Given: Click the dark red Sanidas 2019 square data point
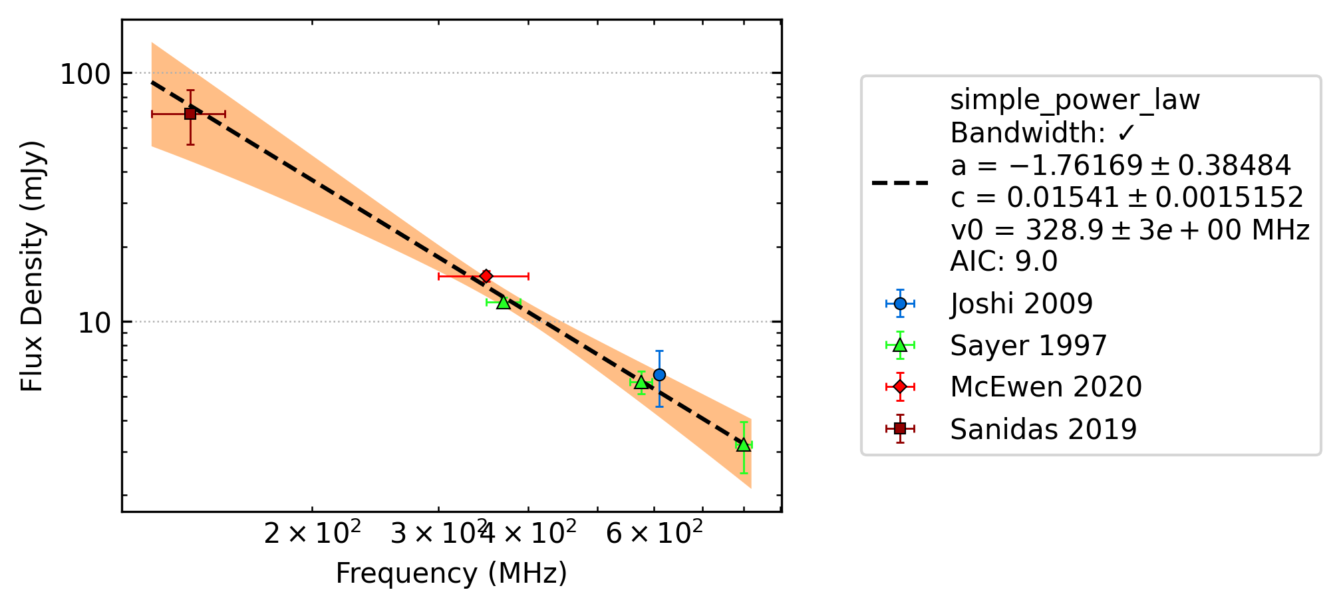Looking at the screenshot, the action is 190,114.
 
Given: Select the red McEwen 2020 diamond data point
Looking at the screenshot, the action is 486,276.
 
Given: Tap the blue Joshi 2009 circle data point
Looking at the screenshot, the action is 659,375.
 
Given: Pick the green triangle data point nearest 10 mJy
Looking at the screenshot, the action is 504,302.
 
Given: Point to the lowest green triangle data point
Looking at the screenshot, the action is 744,444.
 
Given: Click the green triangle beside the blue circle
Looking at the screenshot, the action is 641,382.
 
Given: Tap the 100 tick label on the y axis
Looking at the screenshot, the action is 84,74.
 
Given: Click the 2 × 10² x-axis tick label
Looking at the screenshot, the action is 313,532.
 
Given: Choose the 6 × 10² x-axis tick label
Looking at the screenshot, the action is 654,532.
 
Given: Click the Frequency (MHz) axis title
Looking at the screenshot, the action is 451,573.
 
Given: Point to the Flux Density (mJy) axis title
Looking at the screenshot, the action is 32,266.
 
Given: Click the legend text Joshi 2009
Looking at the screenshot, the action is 1021,304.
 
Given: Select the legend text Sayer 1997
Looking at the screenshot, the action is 1028,346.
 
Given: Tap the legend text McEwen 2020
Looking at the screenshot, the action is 1046,387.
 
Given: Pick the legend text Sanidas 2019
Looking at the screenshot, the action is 1043,430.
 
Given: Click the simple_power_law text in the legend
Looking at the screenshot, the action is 1075,100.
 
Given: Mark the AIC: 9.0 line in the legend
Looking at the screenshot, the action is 1004,261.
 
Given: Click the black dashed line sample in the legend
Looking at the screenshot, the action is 900,182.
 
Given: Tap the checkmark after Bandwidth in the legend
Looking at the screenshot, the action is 1125,133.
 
